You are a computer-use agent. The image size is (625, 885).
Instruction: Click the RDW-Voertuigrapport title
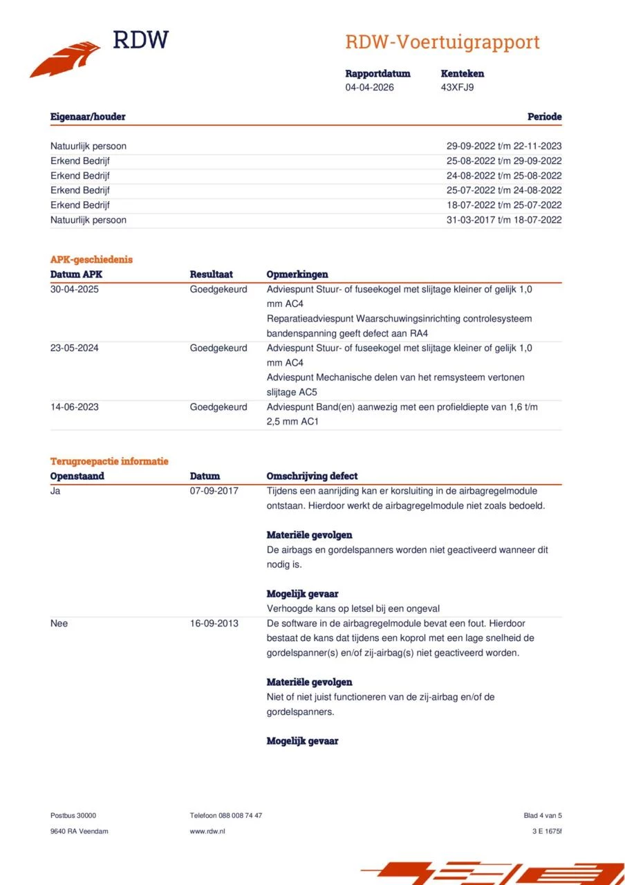pos(442,42)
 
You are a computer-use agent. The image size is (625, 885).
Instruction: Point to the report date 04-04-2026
pos(369,87)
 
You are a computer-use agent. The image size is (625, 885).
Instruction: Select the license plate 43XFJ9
pos(457,87)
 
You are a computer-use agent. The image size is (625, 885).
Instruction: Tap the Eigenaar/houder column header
pos(88,117)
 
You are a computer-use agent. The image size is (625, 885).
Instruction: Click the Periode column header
pos(544,117)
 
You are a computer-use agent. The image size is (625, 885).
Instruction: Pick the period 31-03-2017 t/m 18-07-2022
pos(504,220)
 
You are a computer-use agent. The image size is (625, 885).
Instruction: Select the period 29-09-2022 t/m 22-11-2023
pos(504,146)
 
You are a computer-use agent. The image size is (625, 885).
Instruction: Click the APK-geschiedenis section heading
pos(91,259)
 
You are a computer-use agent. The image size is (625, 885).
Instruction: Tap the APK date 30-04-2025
pos(75,289)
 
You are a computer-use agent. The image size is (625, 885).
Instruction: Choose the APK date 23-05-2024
pos(75,348)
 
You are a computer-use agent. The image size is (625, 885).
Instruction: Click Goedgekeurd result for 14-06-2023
pos(218,407)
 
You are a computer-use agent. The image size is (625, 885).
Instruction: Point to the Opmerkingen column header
pos(297,274)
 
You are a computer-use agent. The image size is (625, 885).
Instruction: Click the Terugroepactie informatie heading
pos(109,461)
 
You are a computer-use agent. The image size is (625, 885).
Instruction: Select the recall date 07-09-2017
pos(214,491)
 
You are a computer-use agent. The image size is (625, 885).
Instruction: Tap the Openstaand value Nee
pos(59,623)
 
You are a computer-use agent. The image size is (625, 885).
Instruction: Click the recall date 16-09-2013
pos(214,623)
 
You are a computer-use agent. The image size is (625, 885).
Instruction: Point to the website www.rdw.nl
pos(207,831)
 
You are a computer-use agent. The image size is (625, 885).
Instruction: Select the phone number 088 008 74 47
pos(241,816)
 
